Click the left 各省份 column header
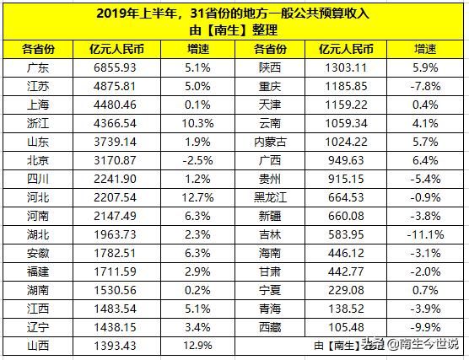36,48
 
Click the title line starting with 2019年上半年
234,13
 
